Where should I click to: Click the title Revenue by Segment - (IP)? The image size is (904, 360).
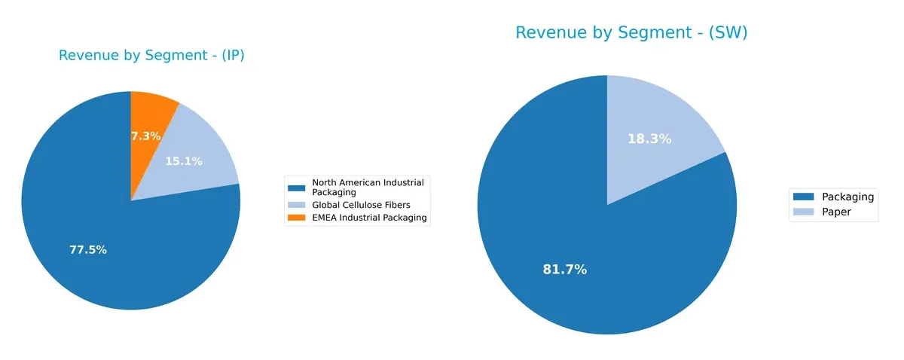pyautogui.click(x=151, y=56)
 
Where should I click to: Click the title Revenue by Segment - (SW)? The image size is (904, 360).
pyautogui.click(x=631, y=32)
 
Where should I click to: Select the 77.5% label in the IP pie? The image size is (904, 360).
pyautogui.click(x=87, y=250)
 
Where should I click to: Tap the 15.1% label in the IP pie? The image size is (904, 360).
pyautogui.click(x=183, y=161)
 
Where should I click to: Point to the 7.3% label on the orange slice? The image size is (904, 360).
pyautogui.click(x=146, y=136)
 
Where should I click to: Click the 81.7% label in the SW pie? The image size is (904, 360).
pyautogui.click(x=564, y=270)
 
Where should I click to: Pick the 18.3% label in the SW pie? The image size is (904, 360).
pyautogui.click(x=649, y=139)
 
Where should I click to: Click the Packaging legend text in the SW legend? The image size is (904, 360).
pyautogui.click(x=847, y=197)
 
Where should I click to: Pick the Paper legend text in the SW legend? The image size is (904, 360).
pyautogui.click(x=836, y=212)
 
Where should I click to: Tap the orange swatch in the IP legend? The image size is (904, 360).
pyautogui.click(x=298, y=218)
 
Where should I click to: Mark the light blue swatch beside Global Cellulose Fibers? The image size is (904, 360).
pyautogui.click(x=298, y=205)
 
